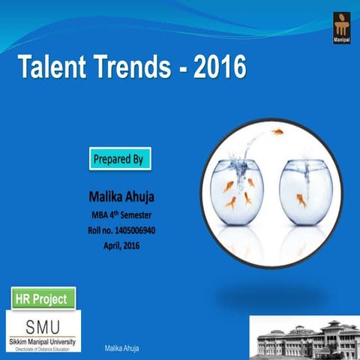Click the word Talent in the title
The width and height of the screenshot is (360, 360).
coord(51,69)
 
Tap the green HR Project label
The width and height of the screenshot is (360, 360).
coord(44,298)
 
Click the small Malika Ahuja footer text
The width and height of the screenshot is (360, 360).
coord(121,349)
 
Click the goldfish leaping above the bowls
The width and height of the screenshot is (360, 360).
coord(277,133)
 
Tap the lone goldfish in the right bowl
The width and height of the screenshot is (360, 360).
coord(302,200)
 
